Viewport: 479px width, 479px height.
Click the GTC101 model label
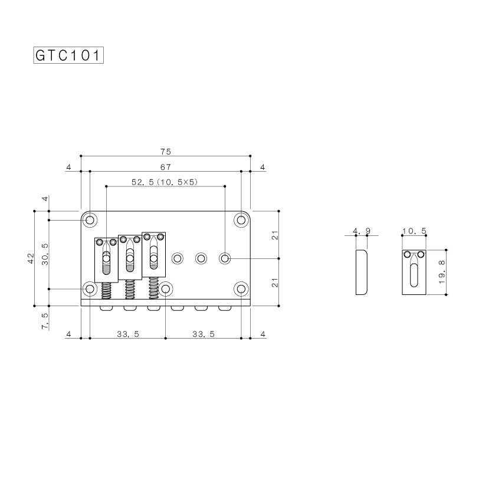68,55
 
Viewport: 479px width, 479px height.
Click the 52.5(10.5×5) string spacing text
165,183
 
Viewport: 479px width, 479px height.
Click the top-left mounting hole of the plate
90,220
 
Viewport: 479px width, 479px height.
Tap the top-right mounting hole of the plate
241,220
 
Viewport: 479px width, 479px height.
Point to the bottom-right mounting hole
241,288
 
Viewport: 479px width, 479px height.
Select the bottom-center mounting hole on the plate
166,288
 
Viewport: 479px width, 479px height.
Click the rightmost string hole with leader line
225,258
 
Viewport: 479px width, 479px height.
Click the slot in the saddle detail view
414,275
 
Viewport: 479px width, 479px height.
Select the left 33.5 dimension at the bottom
127,334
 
